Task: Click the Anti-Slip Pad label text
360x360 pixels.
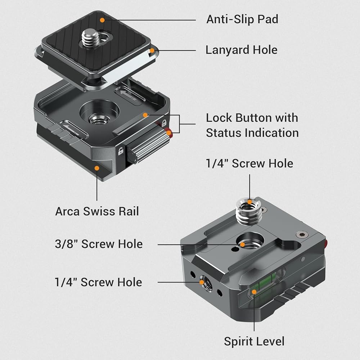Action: coord(242,19)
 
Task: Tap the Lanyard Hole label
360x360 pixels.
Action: coord(241,50)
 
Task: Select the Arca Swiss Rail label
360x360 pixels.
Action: coord(97,211)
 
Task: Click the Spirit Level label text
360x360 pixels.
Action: coord(254,341)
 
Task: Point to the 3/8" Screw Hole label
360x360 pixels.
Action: coord(99,244)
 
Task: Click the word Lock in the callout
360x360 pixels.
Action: coord(219,118)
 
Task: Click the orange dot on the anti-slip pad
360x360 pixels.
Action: coord(102,20)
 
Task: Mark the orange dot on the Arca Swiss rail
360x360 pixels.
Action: coord(97,168)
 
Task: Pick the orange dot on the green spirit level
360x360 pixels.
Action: coord(254,292)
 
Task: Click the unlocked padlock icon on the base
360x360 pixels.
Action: coord(121,151)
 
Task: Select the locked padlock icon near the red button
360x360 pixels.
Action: coord(164,123)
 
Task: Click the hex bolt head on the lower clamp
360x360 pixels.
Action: coord(301,234)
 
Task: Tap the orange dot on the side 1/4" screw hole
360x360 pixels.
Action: coord(202,282)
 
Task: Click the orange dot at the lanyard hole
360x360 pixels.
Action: coord(152,50)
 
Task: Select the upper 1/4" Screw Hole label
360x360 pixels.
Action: coord(249,164)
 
